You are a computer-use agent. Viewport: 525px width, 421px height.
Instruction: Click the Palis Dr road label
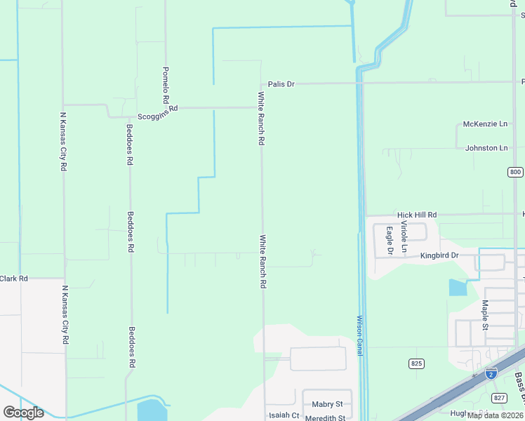click(x=281, y=84)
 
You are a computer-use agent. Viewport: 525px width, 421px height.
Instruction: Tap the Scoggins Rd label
click(x=158, y=109)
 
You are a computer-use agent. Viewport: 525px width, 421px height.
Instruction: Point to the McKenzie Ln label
click(x=486, y=124)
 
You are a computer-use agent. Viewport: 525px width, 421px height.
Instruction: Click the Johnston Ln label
click(x=486, y=148)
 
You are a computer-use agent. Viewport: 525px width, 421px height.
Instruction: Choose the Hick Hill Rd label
click(x=417, y=215)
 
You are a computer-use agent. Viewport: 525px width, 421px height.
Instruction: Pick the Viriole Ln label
click(x=404, y=236)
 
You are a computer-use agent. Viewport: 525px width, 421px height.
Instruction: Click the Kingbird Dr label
click(x=439, y=255)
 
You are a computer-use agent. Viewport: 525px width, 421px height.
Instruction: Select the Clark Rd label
click(x=13, y=279)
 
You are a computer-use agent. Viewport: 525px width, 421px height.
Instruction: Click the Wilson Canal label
click(x=359, y=335)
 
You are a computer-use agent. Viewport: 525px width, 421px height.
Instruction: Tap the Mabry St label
click(x=328, y=404)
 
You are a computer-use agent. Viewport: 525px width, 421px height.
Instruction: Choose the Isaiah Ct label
click(x=284, y=415)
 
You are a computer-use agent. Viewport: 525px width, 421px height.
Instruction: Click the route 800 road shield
click(x=515, y=172)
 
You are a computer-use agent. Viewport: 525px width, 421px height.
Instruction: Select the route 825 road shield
click(x=416, y=363)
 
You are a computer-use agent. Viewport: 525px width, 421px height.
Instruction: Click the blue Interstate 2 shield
click(x=491, y=373)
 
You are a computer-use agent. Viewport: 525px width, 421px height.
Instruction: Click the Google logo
click(x=23, y=412)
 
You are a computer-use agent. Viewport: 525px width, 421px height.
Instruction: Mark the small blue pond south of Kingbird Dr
click(x=458, y=287)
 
